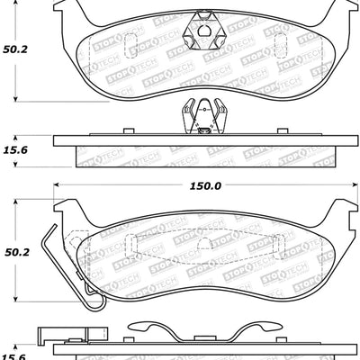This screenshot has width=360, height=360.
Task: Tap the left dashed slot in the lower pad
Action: click(129, 245)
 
